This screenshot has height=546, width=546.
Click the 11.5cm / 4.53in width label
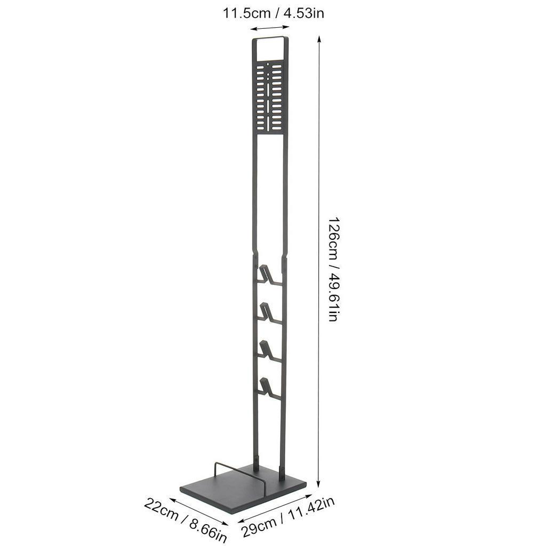274,13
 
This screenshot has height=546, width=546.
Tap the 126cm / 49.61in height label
333,269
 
